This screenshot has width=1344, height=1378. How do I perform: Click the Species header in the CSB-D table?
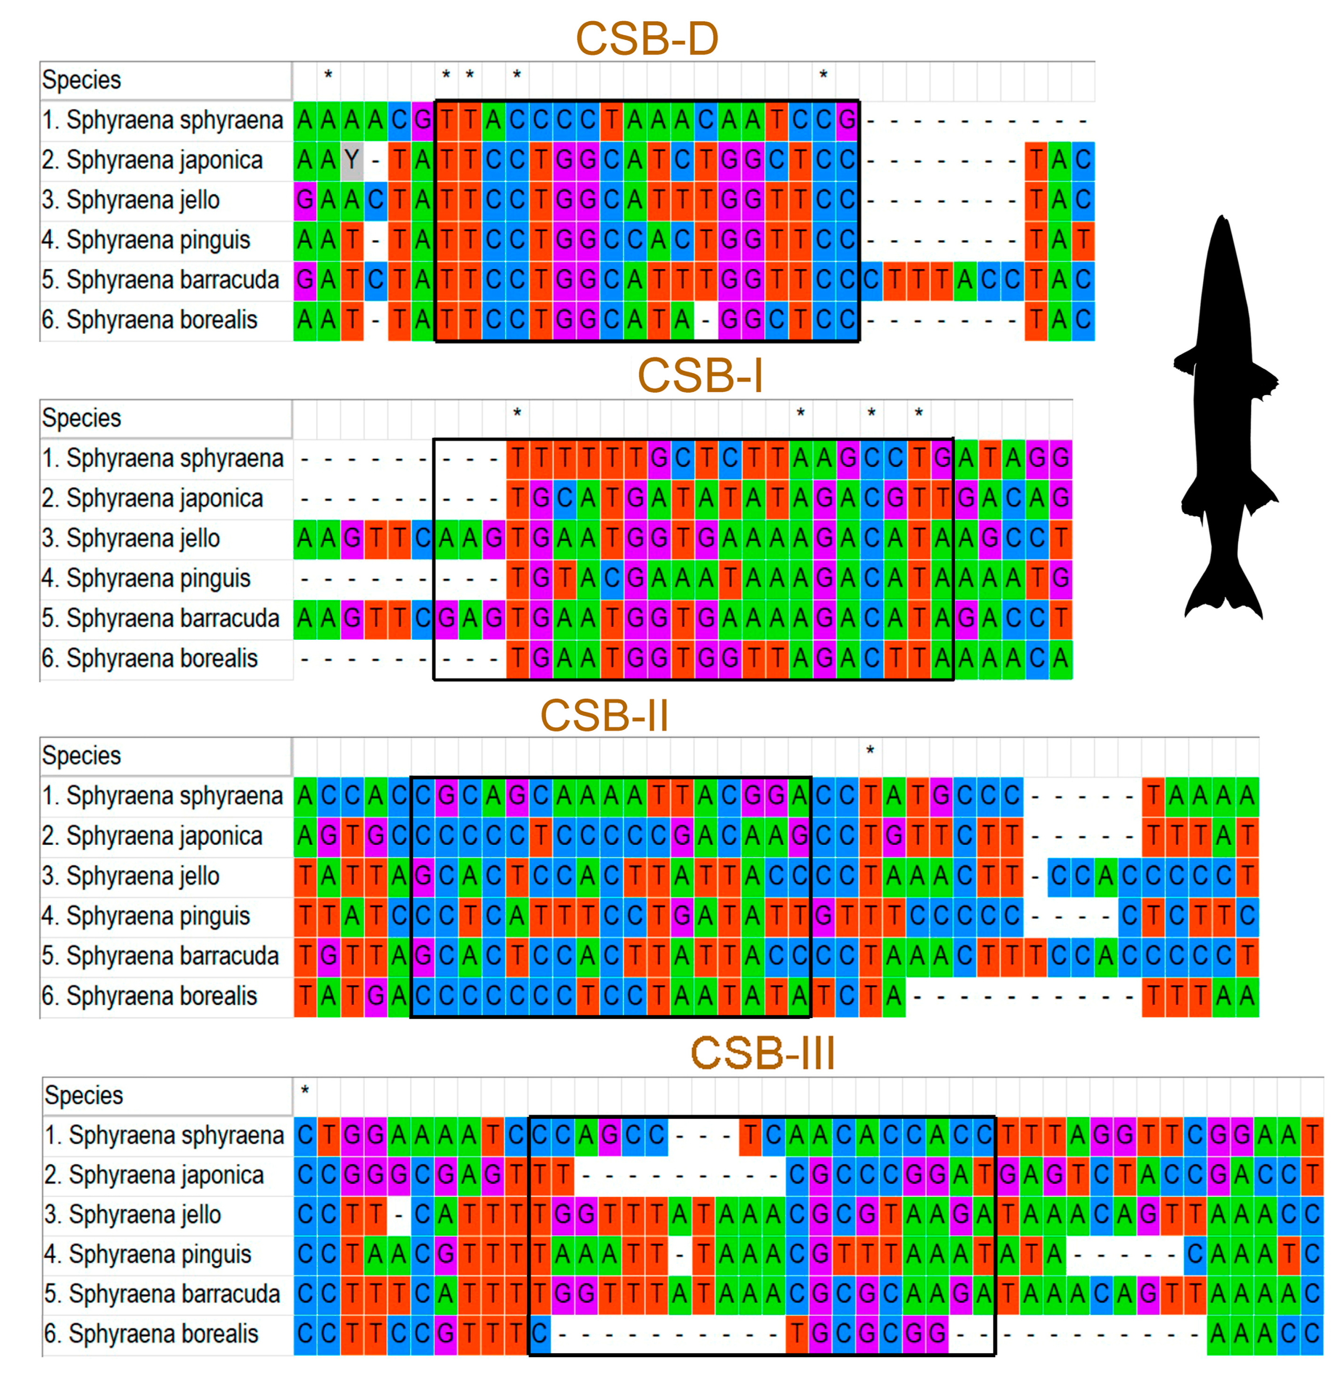point(81,80)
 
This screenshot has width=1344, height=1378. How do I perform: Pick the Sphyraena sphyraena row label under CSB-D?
point(162,120)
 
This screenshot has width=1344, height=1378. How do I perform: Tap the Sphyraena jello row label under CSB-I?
point(131,538)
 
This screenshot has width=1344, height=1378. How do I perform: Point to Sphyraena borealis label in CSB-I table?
point(149,658)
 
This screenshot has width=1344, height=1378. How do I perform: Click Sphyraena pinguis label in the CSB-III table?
point(148,1254)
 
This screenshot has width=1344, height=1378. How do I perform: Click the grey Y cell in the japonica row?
point(352,159)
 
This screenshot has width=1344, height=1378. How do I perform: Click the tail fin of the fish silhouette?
point(1224,597)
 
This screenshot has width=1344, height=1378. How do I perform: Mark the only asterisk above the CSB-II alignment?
point(870,750)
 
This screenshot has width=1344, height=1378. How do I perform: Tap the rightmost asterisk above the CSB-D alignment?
point(823,74)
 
